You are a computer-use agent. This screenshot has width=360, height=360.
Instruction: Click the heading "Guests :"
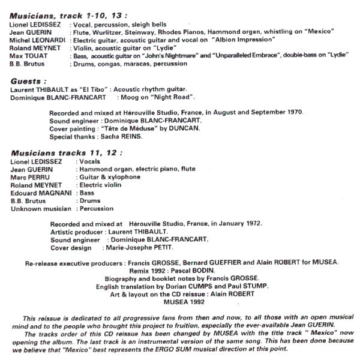click(29, 80)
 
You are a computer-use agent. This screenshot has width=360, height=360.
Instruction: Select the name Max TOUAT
click(28, 54)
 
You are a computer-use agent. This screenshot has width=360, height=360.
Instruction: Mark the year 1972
click(252, 223)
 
